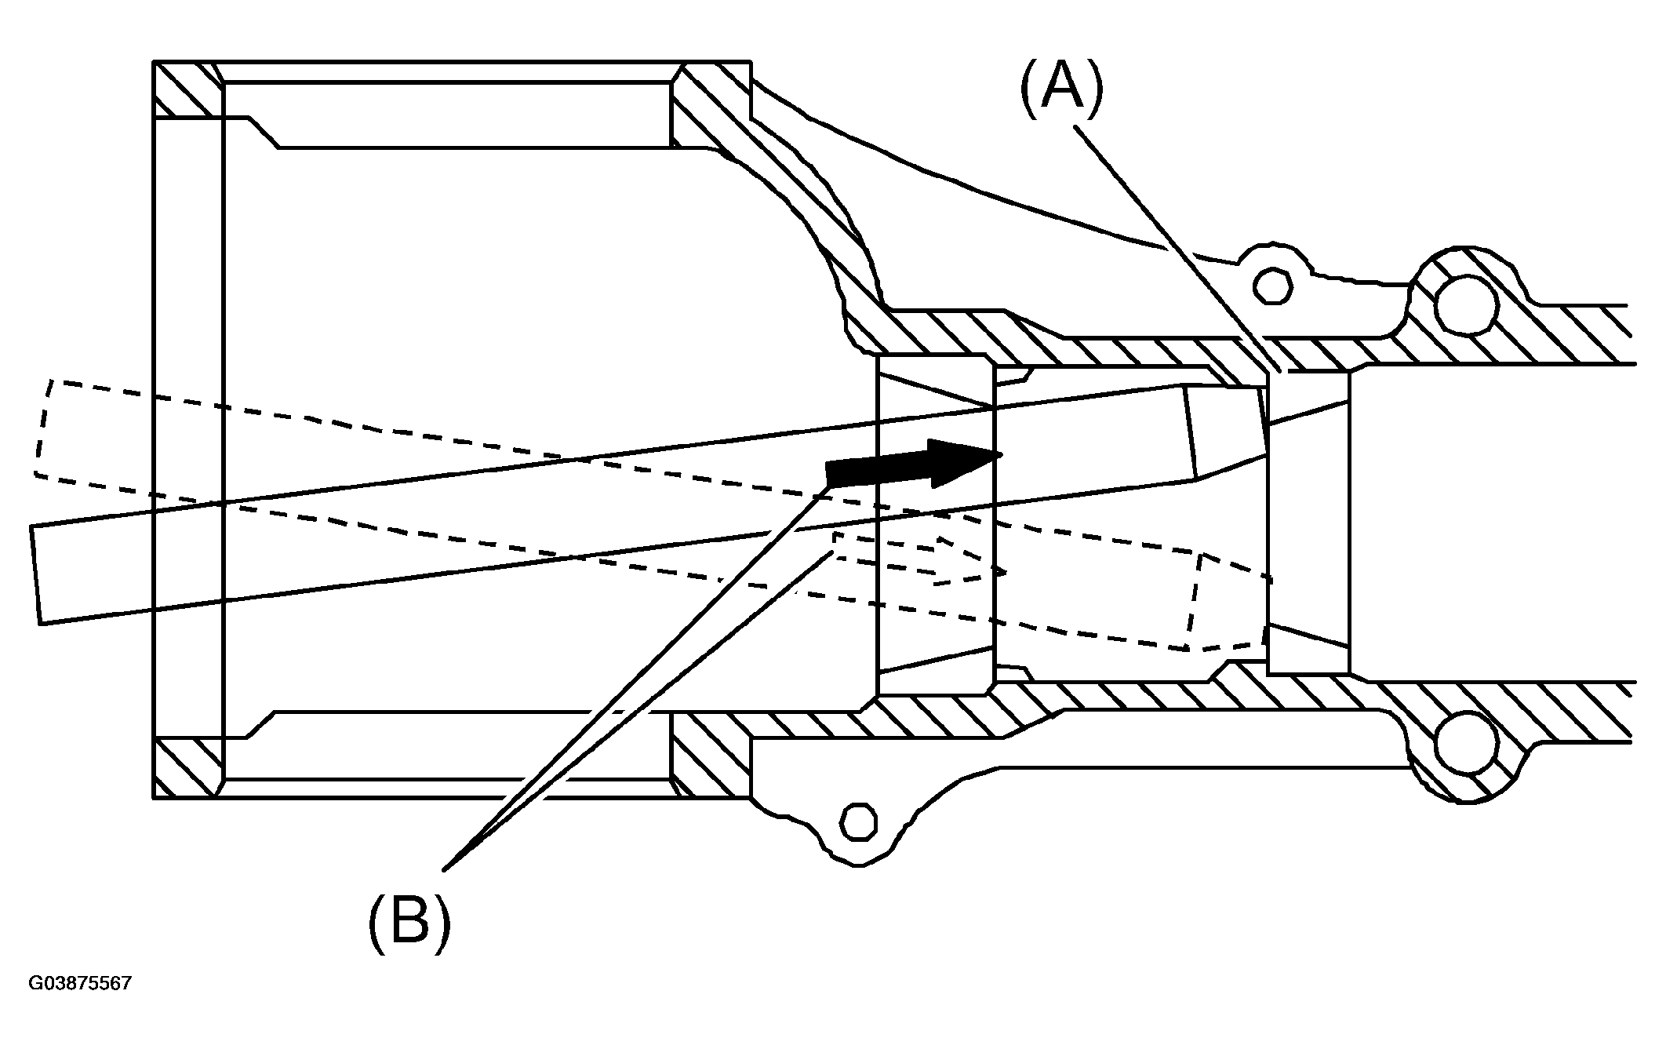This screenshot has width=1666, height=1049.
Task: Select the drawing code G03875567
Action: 80,983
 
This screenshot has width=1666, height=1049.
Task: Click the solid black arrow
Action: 914,464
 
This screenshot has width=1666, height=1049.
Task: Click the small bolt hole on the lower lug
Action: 860,821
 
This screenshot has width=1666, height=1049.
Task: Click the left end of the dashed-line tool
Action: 43,428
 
